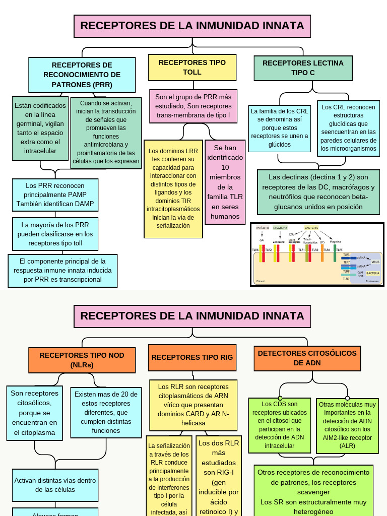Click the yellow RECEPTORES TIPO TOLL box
(192, 68)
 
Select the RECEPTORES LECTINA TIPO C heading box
(303, 68)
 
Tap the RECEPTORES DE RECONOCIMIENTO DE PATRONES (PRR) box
(82, 75)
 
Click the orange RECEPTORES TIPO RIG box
(192, 357)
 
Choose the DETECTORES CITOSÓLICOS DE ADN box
(307, 358)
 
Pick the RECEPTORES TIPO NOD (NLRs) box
(82, 360)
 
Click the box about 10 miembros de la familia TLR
(225, 182)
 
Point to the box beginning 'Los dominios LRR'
(173, 188)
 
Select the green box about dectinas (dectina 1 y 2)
(318, 192)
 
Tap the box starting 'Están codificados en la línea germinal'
(40, 128)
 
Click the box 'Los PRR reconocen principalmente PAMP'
(55, 195)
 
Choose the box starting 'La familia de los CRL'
(279, 128)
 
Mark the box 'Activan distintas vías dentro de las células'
(55, 485)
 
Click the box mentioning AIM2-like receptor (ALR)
(347, 425)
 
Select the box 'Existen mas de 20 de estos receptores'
(106, 412)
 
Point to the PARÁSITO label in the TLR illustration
(263, 228)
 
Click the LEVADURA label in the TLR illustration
(280, 228)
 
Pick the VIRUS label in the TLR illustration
(375, 262)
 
